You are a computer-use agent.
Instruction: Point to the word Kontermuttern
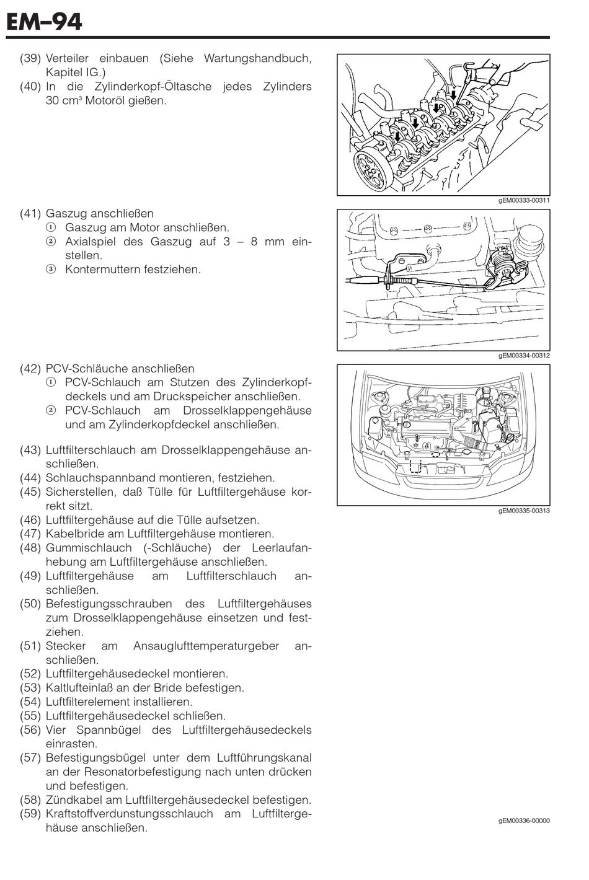coord(102,270)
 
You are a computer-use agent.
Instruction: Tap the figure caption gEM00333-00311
coord(523,200)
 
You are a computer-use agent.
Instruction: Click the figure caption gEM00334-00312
coord(523,356)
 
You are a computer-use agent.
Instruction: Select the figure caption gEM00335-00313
coord(523,511)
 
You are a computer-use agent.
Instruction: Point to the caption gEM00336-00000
coord(523,821)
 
